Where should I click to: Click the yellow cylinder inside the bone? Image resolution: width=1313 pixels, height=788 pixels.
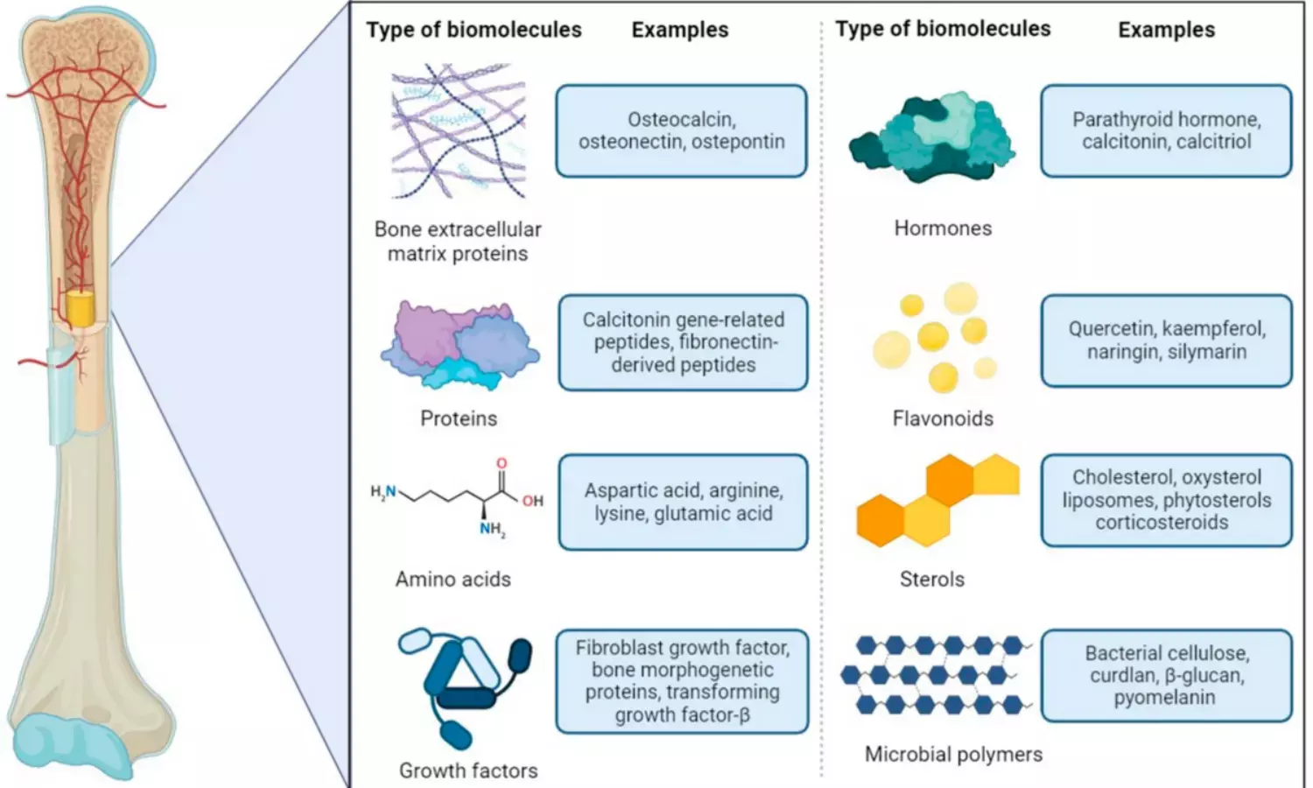pyautogui.click(x=80, y=309)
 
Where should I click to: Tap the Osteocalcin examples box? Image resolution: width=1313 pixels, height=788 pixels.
pyautogui.click(x=681, y=130)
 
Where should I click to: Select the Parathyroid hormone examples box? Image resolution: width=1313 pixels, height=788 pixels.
pyautogui.click(x=1166, y=130)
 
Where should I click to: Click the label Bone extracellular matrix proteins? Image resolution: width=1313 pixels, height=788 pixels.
pyautogui.click(x=458, y=241)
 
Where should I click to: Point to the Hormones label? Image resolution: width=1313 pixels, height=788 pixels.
pyautogui.click(x=943, y=229)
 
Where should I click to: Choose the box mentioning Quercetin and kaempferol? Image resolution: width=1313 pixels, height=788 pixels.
pyautogui.click(x=1166, y=341)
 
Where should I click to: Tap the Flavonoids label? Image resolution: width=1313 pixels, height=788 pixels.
pyautogui.click(x=943, y=419)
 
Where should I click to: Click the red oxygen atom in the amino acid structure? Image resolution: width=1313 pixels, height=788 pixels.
pyautogui.click(x=502, y=462)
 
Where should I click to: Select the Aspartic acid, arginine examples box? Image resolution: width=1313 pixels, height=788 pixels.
pyautogui.click(x=683, y=502)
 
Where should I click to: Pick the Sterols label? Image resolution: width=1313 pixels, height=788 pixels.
pyautogui.click(x=932, y=579)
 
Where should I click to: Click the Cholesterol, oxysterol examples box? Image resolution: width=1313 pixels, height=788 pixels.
pyautogui.click(x=1166, y=500)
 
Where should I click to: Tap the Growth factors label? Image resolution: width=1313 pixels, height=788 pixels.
pyautogui.click(x=468, y=770)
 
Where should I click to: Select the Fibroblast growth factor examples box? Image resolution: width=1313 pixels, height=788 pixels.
pyautogui.click(x=682, y=681)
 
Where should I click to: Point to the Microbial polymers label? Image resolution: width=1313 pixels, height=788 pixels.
pyautogui.click(x=953, y=754)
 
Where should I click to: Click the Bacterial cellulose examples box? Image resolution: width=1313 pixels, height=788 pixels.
pyautogui.click(x=1166, y=675)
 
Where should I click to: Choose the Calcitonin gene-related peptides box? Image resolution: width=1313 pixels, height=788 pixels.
pyautogui.click(x=683, y=342)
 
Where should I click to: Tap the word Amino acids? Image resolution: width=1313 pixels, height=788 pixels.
pyautogui.click(x=453, y=579)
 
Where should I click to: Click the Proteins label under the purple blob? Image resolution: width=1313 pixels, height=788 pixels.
pyautogui.click(x=459, y=419)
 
